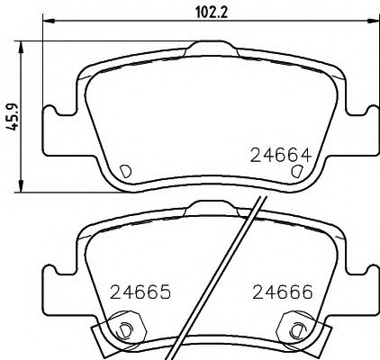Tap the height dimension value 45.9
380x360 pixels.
[12, 116]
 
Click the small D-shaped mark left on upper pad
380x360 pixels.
[125, 169]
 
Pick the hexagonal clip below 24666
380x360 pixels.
[294, 327]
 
